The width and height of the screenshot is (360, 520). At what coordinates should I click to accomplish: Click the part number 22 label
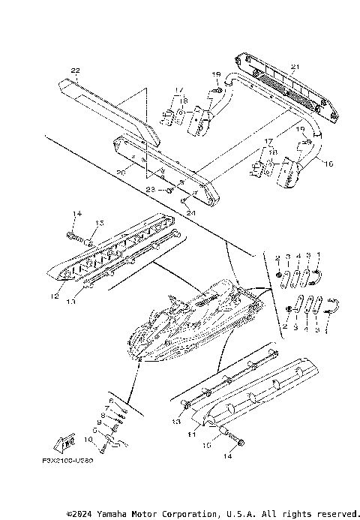pos(74,71)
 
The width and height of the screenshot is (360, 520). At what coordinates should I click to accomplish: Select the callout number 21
pos(294,68)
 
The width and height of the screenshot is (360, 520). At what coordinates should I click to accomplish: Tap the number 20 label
pos(121,172)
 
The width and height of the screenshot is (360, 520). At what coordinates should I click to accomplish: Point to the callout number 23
pos(150,191)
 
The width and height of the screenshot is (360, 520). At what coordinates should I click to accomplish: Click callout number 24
pos(190,212)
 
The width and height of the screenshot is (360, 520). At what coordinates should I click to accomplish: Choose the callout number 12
pos(55,296)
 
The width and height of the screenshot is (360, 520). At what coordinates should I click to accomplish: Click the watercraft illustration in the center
pos(195,323)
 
